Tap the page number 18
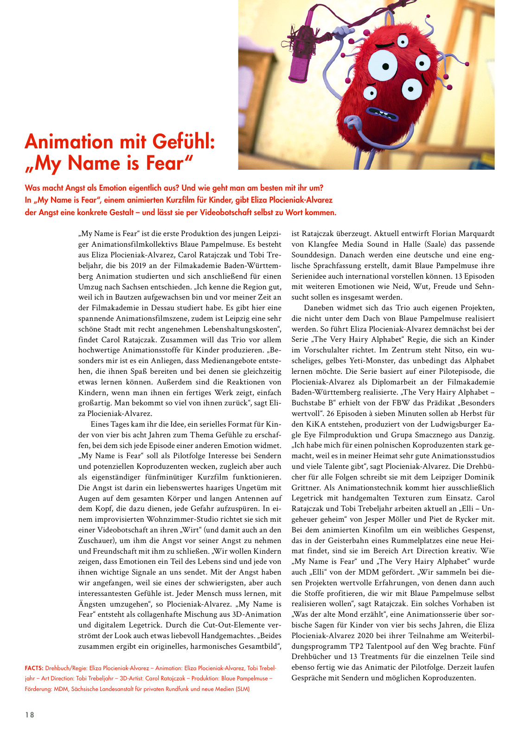pyautogui.click(x=30, y=715)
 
